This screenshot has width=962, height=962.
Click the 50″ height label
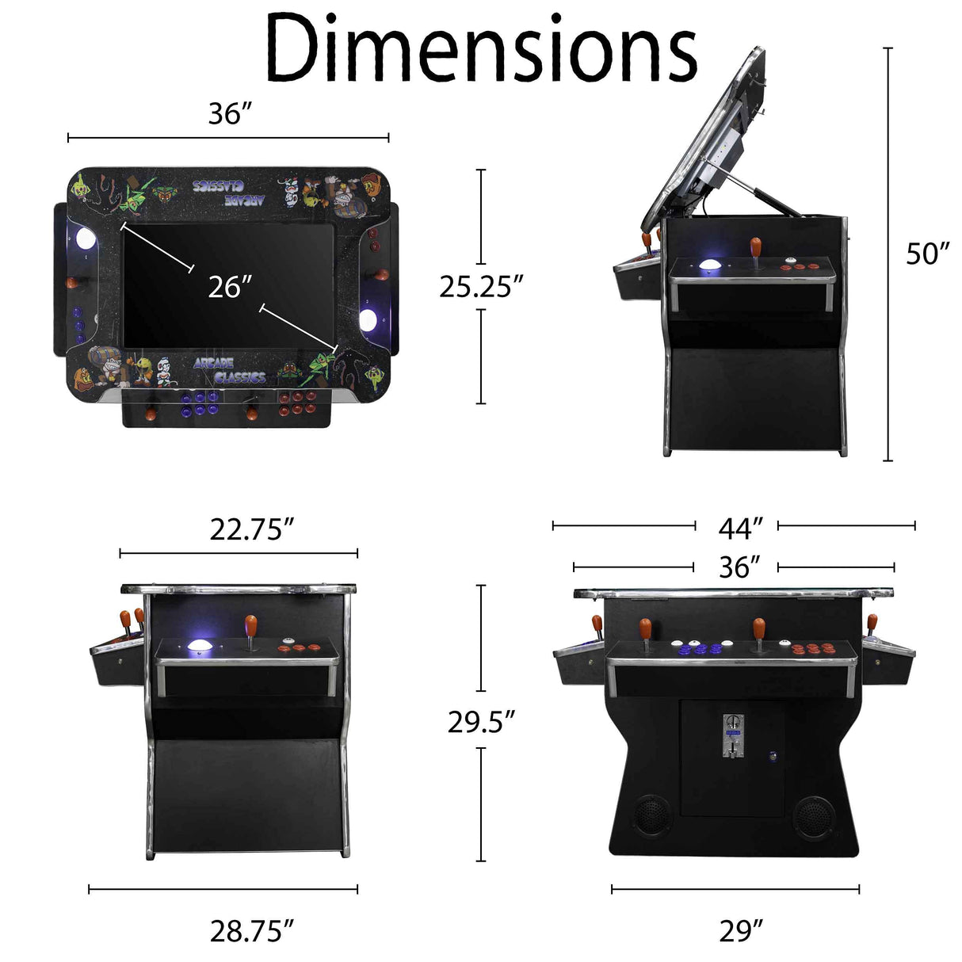point(927,254)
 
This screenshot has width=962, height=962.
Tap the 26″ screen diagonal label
point(230,287)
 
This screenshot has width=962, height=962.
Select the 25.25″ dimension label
point(481,286)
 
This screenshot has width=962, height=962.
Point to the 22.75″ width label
point(252,529)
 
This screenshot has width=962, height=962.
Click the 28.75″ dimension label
point(252,931)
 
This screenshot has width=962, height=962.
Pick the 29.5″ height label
point(481,721)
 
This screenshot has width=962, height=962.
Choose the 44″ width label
point(740,527)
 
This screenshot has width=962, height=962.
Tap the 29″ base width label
point(740,931)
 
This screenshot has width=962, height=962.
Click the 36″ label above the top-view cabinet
point(230,114)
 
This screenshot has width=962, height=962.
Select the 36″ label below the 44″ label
point(739,567)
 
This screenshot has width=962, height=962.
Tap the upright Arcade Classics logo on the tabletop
point(229,370)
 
